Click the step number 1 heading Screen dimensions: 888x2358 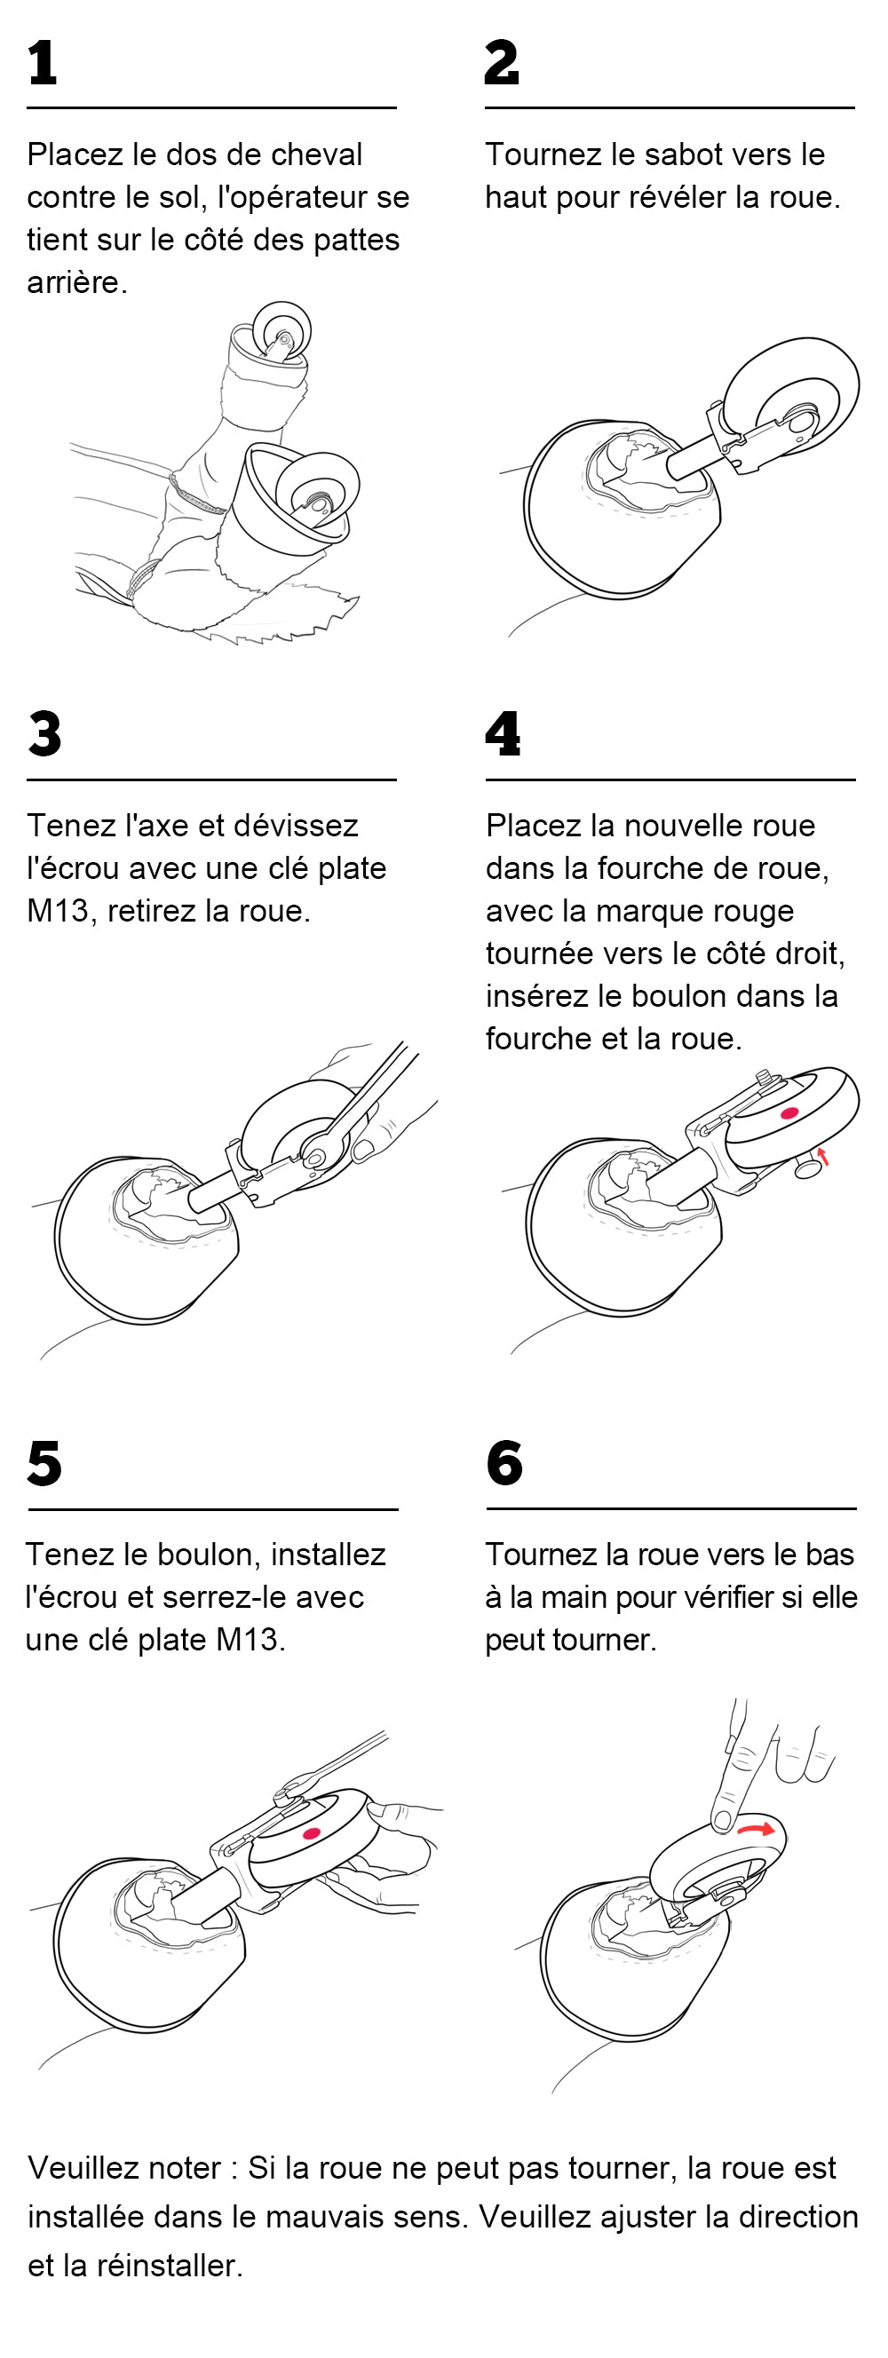coord(42,63)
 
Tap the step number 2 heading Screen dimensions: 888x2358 coord(502,63)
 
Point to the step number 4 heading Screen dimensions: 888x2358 coord(503,733)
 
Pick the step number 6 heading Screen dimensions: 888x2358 coord(504,1463)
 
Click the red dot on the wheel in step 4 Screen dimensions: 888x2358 coord(789,1113)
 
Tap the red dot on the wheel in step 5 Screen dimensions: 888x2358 coord(312,1833)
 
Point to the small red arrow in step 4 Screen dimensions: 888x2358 coord(823,1156)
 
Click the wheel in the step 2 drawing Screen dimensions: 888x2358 coord(791,397)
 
